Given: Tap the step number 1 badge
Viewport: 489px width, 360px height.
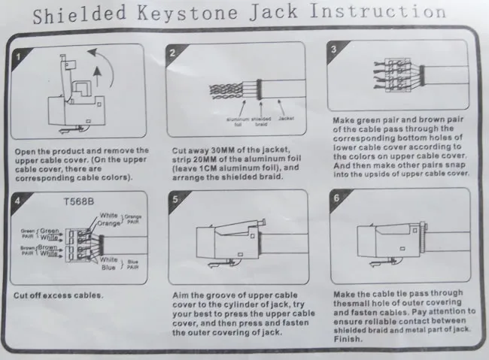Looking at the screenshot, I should (20, 58).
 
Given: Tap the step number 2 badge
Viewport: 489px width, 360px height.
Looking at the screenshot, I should (172, 53).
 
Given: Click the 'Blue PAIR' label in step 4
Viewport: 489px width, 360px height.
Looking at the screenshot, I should (133, 264).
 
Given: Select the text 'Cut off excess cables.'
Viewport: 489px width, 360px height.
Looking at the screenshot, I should (59, 294).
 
